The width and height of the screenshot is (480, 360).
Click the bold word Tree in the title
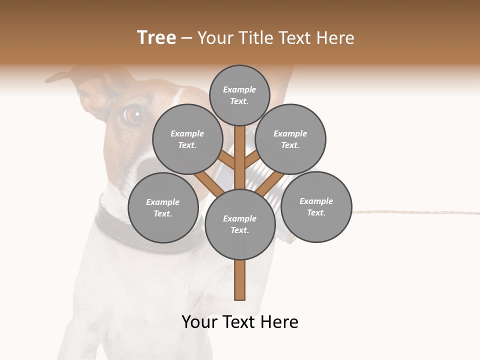click(156, 38)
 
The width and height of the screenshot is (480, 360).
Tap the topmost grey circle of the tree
click(239, 95)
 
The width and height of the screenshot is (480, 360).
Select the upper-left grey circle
click(187, 139)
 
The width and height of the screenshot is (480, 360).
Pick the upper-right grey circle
click(290, 139)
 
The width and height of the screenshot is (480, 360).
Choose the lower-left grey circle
click(163, 207)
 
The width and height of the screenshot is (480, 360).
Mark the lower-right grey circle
click(316, 206)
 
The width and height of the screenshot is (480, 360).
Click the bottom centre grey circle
click(240, 224)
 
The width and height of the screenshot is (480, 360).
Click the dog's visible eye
click(132, 115)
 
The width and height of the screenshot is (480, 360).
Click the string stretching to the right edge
click(415, 212)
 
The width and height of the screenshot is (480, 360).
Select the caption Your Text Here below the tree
click(240, 322)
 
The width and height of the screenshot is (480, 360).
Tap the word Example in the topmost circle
click(239, 89)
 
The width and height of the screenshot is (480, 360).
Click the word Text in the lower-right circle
click(316, 212)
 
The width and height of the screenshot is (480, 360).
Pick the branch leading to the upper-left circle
click(226, 160)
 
